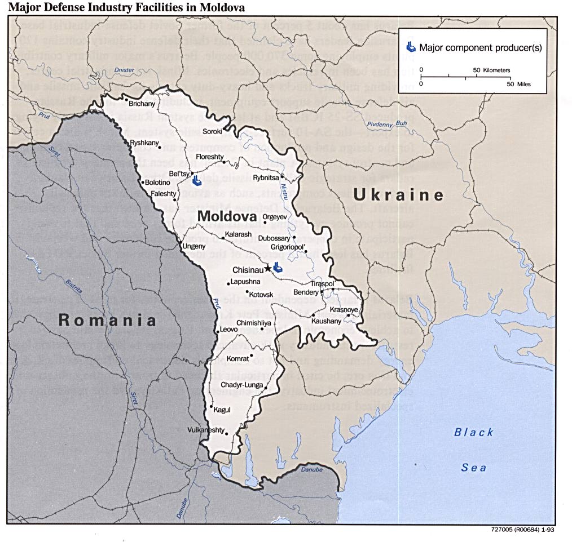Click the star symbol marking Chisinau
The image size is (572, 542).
[x=267, y=270]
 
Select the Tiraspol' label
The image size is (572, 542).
[x=323, y=283]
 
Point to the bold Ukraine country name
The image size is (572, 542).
[x=398, y=196]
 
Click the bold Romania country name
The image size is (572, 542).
[x=107, y=321]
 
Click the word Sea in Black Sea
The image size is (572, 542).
[x=474, y=468]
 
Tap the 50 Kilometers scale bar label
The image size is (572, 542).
[x=491, y=70]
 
